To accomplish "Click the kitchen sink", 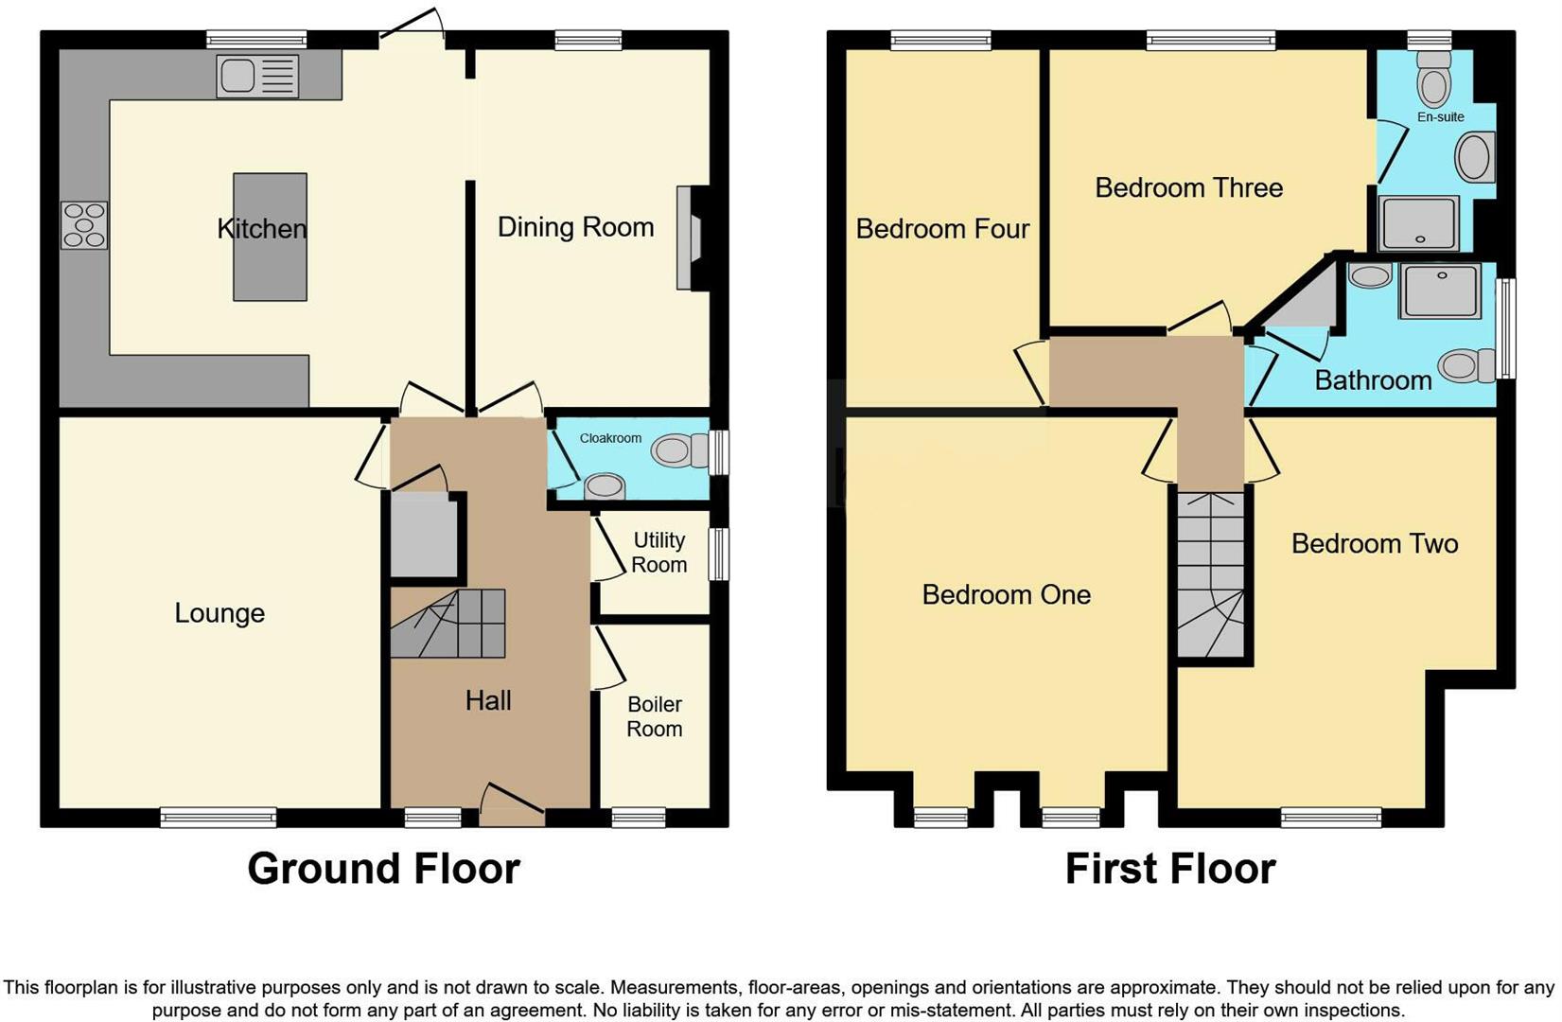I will (257, 77).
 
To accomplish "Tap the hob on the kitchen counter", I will (84, 225).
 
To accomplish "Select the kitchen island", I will (270, 237).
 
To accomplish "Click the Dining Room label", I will (575, 227).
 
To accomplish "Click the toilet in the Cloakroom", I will (677, 451).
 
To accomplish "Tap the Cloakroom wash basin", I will (604, 487).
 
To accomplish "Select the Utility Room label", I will (658, 553).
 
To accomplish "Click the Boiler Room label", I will (654, 716).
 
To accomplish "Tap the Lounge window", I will (218, 818).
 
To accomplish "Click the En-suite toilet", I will (1434, 79).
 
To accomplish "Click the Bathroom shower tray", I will (1440, 291).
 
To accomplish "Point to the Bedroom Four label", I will (942, 229).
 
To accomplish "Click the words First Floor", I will (1169, 869).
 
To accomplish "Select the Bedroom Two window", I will (1330, 818).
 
